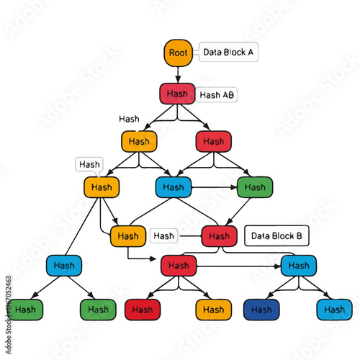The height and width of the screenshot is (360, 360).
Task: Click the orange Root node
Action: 178,53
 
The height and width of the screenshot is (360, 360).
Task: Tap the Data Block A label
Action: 228,52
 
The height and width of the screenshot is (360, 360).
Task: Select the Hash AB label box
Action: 217,94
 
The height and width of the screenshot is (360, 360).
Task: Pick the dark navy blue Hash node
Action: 262,310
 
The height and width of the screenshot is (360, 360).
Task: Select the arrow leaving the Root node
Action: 178,74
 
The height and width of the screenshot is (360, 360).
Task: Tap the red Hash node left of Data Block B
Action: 219,235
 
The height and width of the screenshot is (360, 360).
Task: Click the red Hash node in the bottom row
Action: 143,310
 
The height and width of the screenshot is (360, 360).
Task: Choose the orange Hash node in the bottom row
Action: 214,310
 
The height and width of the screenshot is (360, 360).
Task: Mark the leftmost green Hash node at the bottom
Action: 25,310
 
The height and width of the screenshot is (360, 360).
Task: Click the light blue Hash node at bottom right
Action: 334,310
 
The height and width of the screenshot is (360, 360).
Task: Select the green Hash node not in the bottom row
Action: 255,187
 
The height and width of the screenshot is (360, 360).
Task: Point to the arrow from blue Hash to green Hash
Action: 215,187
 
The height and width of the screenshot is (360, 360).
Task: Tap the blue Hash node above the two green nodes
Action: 65,265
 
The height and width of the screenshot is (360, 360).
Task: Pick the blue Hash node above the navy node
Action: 298,265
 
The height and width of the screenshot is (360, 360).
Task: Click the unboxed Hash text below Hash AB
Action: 129,118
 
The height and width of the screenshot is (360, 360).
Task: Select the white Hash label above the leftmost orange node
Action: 89,164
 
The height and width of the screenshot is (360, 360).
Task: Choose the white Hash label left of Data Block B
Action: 163,235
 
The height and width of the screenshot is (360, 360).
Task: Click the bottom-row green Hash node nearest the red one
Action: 97,310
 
